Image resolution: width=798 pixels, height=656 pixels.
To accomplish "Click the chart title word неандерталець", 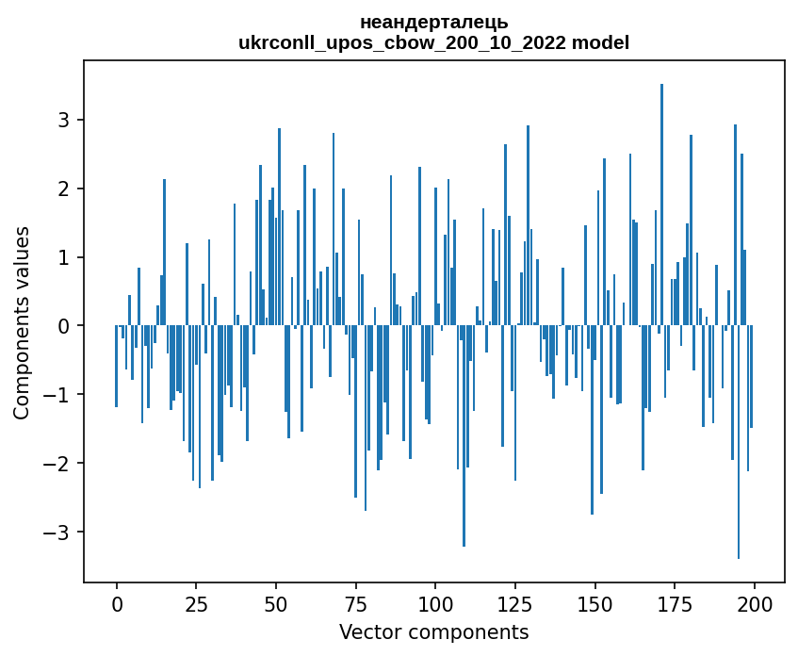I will pos(433,22).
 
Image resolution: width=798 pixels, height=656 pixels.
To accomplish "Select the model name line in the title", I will pos(433,42).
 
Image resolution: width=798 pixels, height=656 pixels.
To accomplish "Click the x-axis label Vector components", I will pos(433,631).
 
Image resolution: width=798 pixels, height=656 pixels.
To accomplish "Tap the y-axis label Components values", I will pos(22,322).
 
